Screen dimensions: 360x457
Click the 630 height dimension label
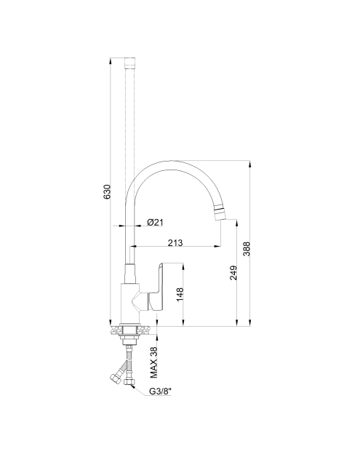tap(107, 191)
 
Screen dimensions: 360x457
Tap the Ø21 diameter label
tap(156, 223)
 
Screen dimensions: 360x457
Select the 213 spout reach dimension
tap(175, 242)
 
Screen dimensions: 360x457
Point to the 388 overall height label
tap(247, 249)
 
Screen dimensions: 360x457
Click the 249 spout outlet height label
tap(233, 273)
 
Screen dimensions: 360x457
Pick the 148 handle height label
tap(180, 295)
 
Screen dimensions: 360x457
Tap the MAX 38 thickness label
tap(153, 362)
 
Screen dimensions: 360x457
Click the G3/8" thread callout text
tap(160, 391)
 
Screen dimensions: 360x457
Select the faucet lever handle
tap(156, 287)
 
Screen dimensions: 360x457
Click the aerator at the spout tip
tap(220, 213)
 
